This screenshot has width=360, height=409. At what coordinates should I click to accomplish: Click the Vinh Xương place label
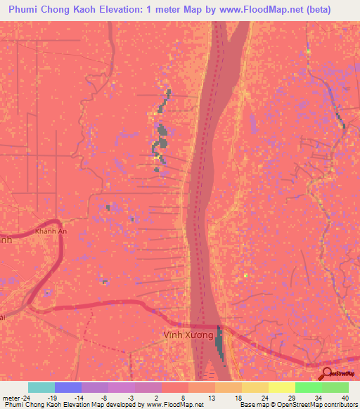tap(188, 335)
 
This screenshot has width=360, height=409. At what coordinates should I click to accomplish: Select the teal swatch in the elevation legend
tap(41, 387)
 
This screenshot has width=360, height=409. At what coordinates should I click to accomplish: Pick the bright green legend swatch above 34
tap(308, 387)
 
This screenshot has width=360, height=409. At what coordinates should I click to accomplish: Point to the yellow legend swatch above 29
tap(281, 387)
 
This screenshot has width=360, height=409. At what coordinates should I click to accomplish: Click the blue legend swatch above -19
tap(68, 387)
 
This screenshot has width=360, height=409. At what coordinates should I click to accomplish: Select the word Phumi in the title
tap(26, 9)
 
